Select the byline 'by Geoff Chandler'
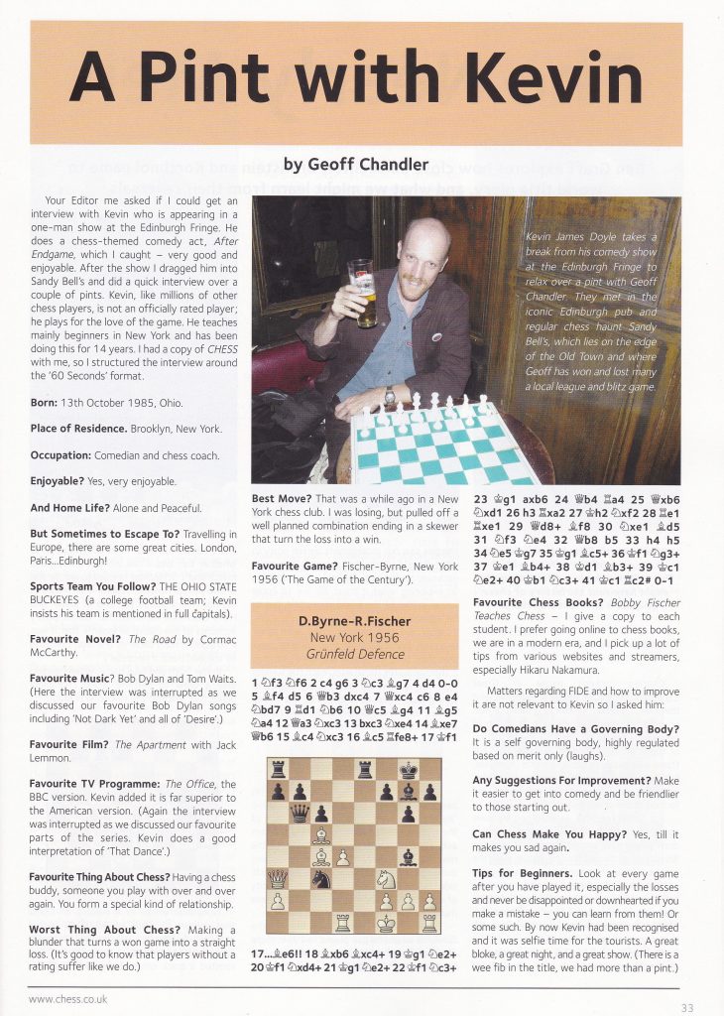[356, 164]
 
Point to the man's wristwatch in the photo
[391, 396]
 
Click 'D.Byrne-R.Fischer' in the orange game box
[355, 622]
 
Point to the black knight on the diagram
[319, 879]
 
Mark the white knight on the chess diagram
[386, 879]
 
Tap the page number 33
[687, 1007]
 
